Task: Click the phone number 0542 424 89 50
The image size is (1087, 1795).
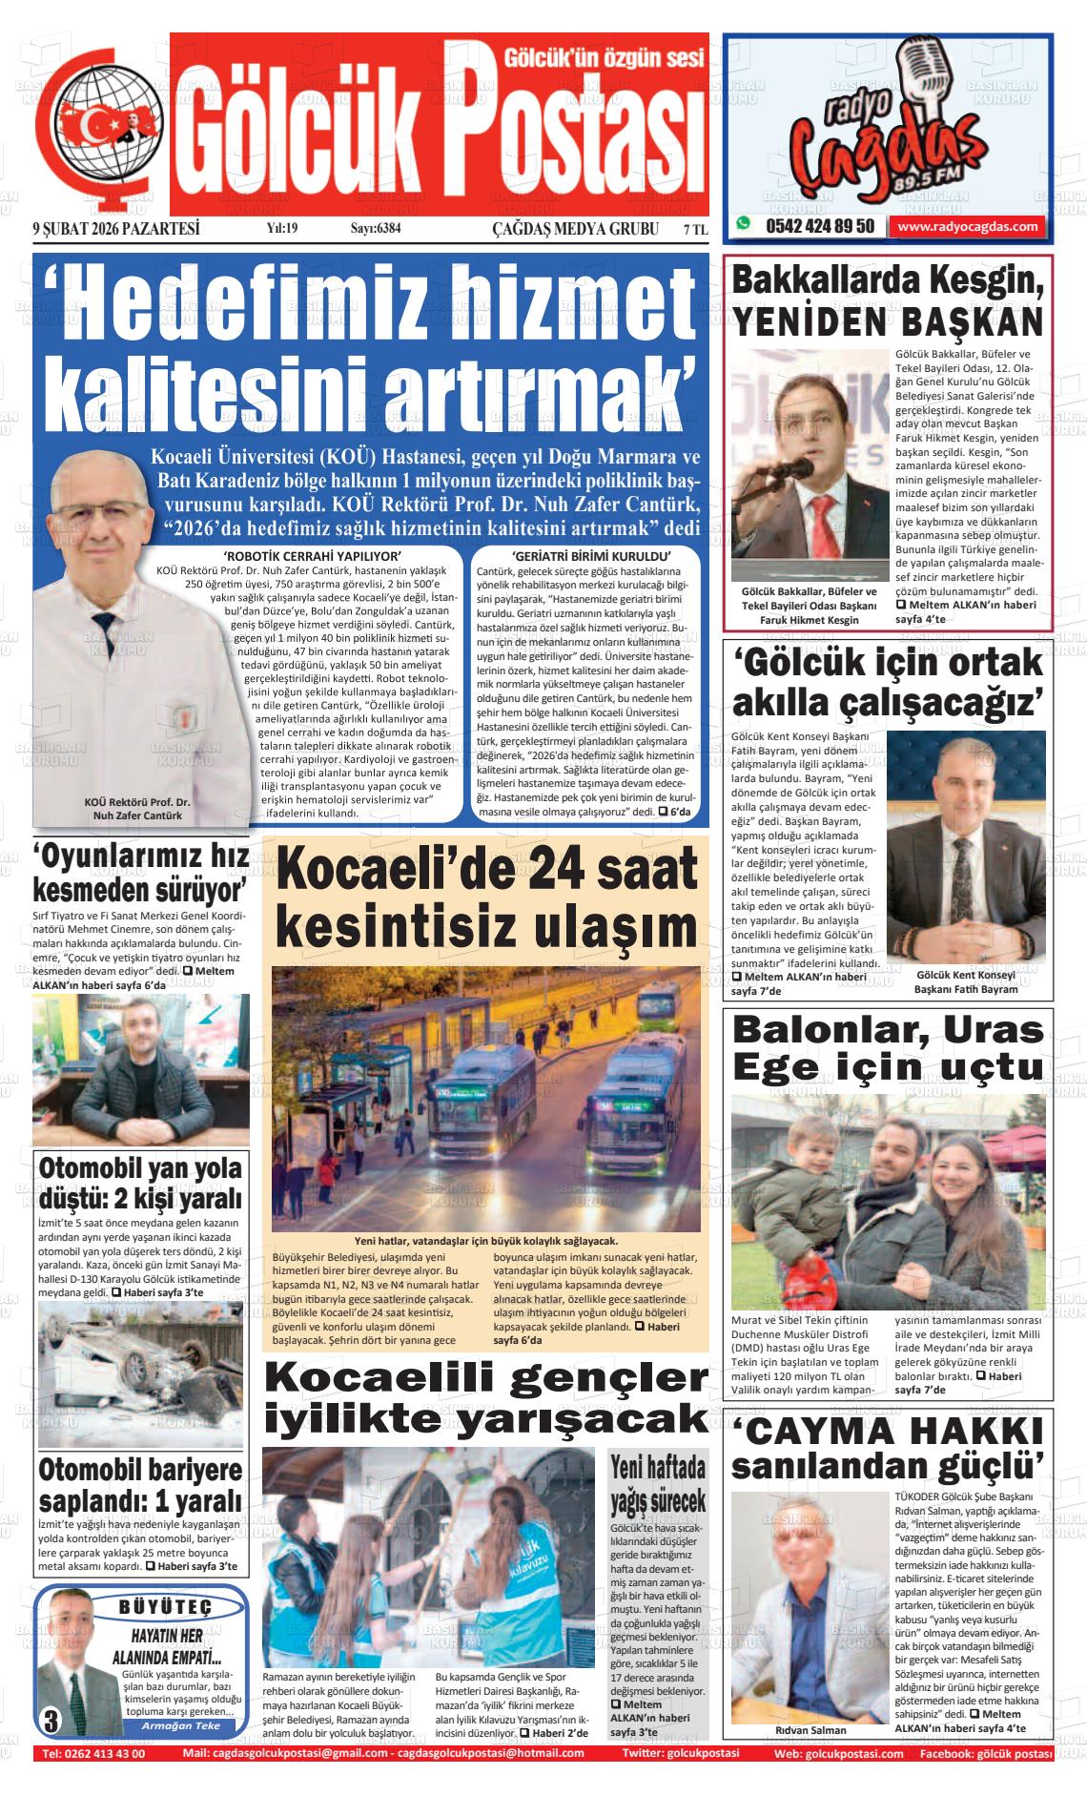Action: click(818, 227)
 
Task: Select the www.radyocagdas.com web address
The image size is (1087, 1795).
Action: click(967, 227)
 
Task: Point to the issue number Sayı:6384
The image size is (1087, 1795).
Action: click(376, 229)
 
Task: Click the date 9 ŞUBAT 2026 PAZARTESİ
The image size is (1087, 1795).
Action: click(115, 229)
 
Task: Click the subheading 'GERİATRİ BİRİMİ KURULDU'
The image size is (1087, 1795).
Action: click(592, 556)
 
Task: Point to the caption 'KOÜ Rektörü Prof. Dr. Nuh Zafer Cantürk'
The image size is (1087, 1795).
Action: click(137, 809)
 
